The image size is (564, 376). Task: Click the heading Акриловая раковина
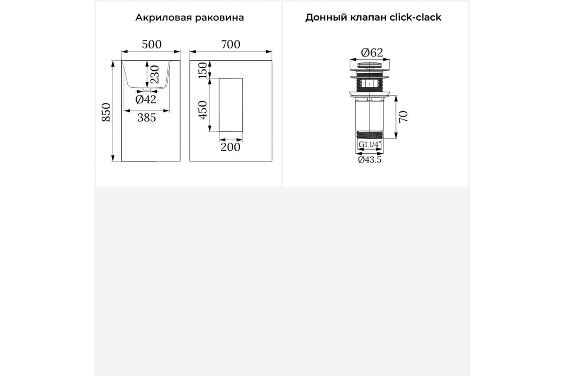(x=189, y=18)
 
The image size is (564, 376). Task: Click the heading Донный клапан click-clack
(x=373, y=18)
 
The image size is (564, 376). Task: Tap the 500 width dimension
(x=151, y=45)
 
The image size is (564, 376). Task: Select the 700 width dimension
(x=231, y=45)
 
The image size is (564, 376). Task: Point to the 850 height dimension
(x=106, y=112)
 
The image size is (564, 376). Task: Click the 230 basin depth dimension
(x=155, y=75)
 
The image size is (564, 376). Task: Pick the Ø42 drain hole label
(x=146, y=99)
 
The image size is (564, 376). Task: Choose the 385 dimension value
(x=147, y=117)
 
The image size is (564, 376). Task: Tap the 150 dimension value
(x=203, y=70)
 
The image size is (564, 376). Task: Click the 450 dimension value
(x=203, y=110)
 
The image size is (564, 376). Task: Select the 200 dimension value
(x=230, y=147)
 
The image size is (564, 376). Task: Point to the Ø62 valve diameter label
(x=372, y=53)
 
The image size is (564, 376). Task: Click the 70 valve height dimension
(x=403, y=117)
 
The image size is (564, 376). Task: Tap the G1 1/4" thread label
(x=369, y=145)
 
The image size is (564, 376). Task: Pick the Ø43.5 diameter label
(x=369, y=160)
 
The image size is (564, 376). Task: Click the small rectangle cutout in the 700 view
(x=231, y=105)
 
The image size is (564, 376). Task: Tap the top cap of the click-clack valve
(x=369, y=65)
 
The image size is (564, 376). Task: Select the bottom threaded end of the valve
(x=369, y=135)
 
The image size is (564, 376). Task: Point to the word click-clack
(x=415, y=18)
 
